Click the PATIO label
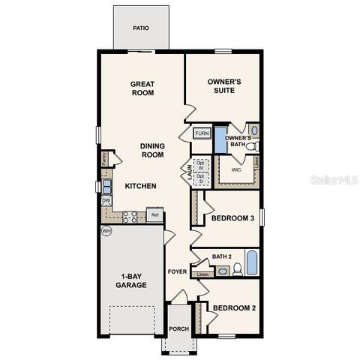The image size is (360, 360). pyautogui.click(x=140, y=28)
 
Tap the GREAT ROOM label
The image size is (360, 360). pyautogui.click(x=142, y=88)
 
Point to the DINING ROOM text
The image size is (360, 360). pyautogui.click(x=152, y=150)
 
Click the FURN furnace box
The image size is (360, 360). pyautogui.click(x=202, y=133)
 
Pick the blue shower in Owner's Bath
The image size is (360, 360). pyautogui.click(x=220, y=140)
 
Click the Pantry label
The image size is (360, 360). pyautogui.click(x=104, y=159)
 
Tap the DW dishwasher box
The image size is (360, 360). pyautogui.click(x=106, y=201)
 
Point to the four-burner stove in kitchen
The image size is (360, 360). pyautogui.click(x=130, y=217)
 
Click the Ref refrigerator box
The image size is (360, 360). pyautogui.click(x=155, y=215)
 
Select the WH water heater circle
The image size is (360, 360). pyautogui.click(x=106, y=231)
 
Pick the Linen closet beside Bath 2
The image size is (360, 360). pyautogui.click(x=202, y=274)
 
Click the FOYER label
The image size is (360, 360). pyautogui.click(x=177, y=272)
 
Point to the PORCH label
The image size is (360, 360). pyautogui.click(x=178, y=329)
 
